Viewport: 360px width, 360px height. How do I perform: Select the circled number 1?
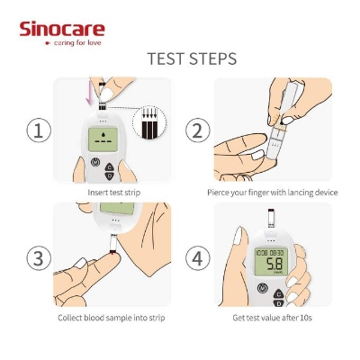pyautogui.click(x=37, y=130)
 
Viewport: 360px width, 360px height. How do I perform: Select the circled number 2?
pyautogui.click(x=198, y=130)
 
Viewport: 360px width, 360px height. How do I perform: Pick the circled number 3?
pyautogui.click(x=37, y=258)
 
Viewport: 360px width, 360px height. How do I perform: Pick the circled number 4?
pyautogui.click(x=198, y=258)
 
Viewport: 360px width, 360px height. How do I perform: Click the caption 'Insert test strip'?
pyautogui.click(x=112, y=192)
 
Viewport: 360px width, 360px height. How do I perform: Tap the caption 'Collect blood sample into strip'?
pyautogui.click(x=112, y=318)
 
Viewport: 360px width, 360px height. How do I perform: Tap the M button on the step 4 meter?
pyautogui.click(x=263, y=290)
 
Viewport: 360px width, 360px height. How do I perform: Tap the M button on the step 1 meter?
pyautogui.click(x=96, y=164)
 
